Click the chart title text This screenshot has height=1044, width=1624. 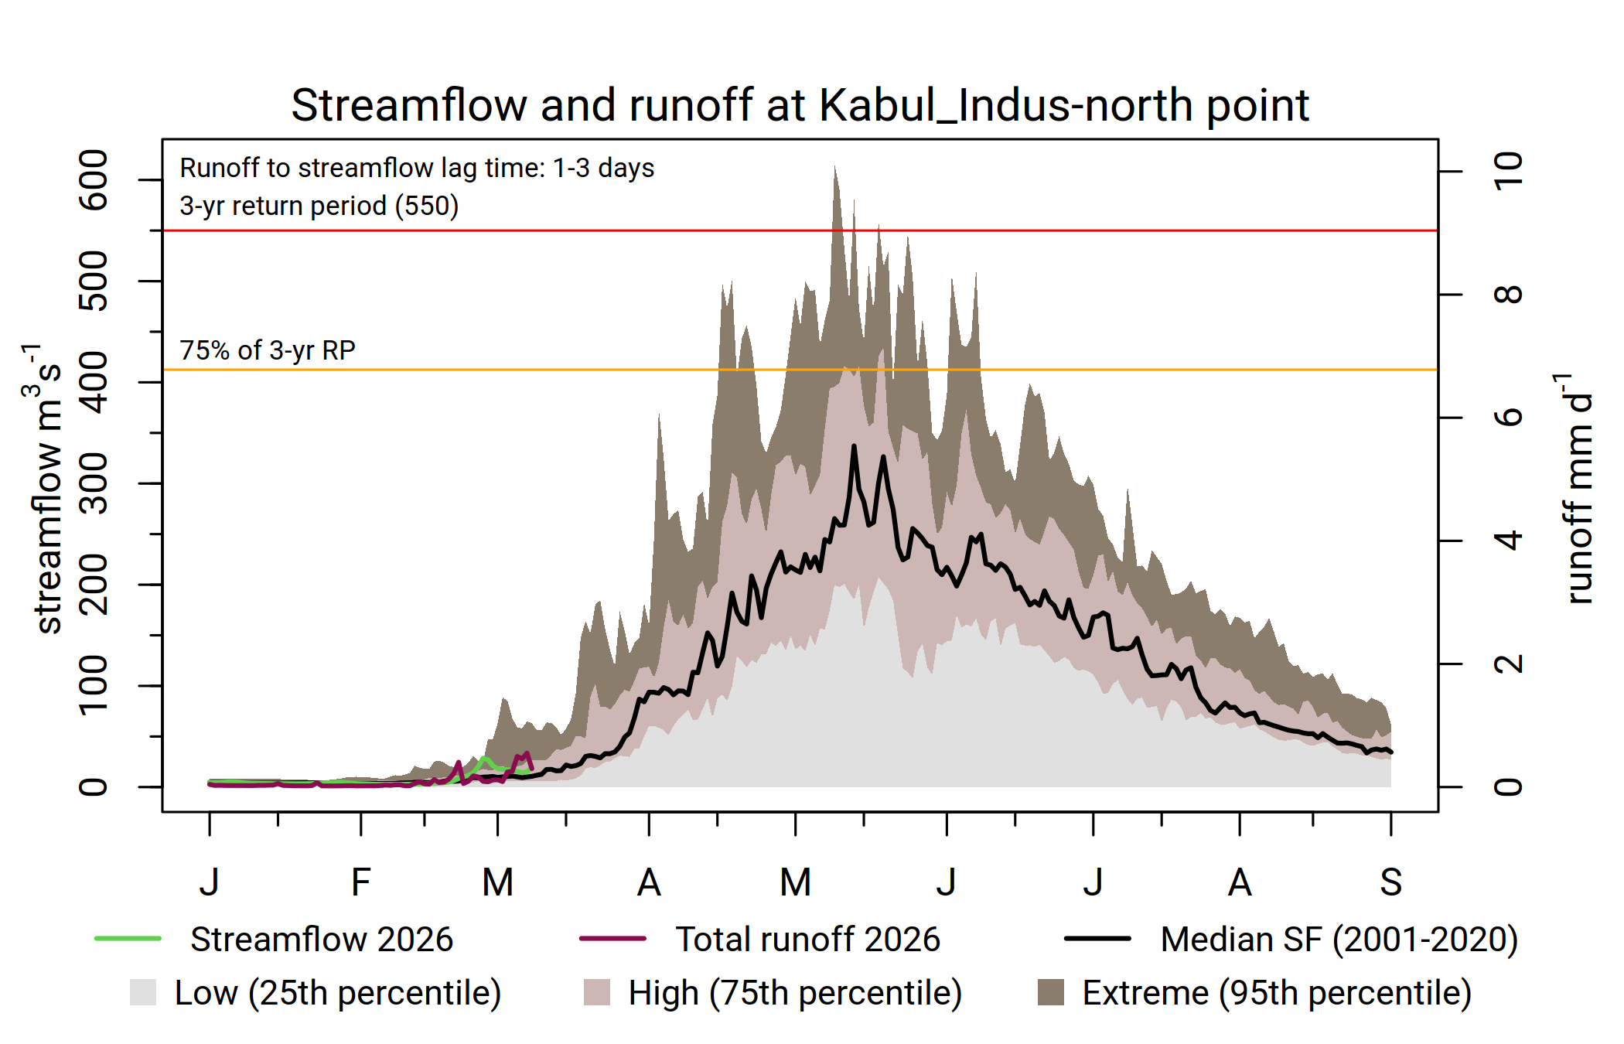coord(800,105)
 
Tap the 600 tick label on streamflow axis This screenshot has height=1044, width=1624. coord(94,179)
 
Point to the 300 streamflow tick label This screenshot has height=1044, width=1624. coord(94,483)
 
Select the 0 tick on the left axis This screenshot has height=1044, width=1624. coord(94,787)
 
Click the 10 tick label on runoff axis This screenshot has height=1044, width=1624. coord(1508,171)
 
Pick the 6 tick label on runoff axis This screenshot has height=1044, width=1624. coord(1508,418)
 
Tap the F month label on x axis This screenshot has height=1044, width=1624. coord(360,882)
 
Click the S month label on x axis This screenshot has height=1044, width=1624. coord(1390,882)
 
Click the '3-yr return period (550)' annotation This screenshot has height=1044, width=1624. coord(319,206)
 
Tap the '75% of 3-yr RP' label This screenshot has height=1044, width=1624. coord(268,350)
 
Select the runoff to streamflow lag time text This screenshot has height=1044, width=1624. coord(417,168)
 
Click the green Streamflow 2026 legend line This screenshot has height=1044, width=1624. coord(128,939)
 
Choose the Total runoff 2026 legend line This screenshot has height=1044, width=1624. coord(612,939)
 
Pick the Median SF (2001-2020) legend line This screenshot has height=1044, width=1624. coord(1097,939)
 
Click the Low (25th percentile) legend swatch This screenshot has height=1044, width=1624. coord(143,992)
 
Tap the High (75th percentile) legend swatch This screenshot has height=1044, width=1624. coord(597,992)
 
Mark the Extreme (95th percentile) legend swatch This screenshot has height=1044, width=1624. coord(1051,992)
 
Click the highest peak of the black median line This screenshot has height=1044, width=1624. coord(854,446)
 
